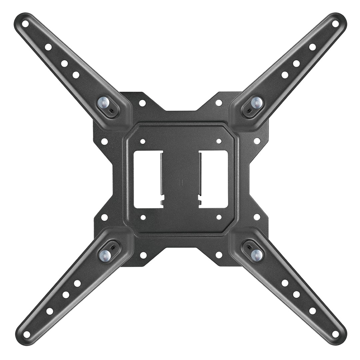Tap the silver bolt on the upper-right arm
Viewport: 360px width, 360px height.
256,102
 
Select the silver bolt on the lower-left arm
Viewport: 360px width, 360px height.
105,256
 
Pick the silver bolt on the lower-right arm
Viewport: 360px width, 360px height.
256,255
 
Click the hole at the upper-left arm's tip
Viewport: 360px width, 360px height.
25,24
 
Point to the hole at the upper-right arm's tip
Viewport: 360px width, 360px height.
335,24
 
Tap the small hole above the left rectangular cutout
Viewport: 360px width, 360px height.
143,141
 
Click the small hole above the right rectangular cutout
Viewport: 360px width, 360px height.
219,141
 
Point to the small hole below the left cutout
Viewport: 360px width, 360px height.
143,217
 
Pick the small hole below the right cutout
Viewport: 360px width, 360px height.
219,217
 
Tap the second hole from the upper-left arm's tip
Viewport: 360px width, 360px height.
48,47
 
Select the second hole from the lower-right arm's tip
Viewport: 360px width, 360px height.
312,311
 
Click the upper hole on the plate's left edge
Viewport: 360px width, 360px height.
104,141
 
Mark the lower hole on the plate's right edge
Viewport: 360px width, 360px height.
257,217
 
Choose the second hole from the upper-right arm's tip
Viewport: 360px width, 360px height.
312,47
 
